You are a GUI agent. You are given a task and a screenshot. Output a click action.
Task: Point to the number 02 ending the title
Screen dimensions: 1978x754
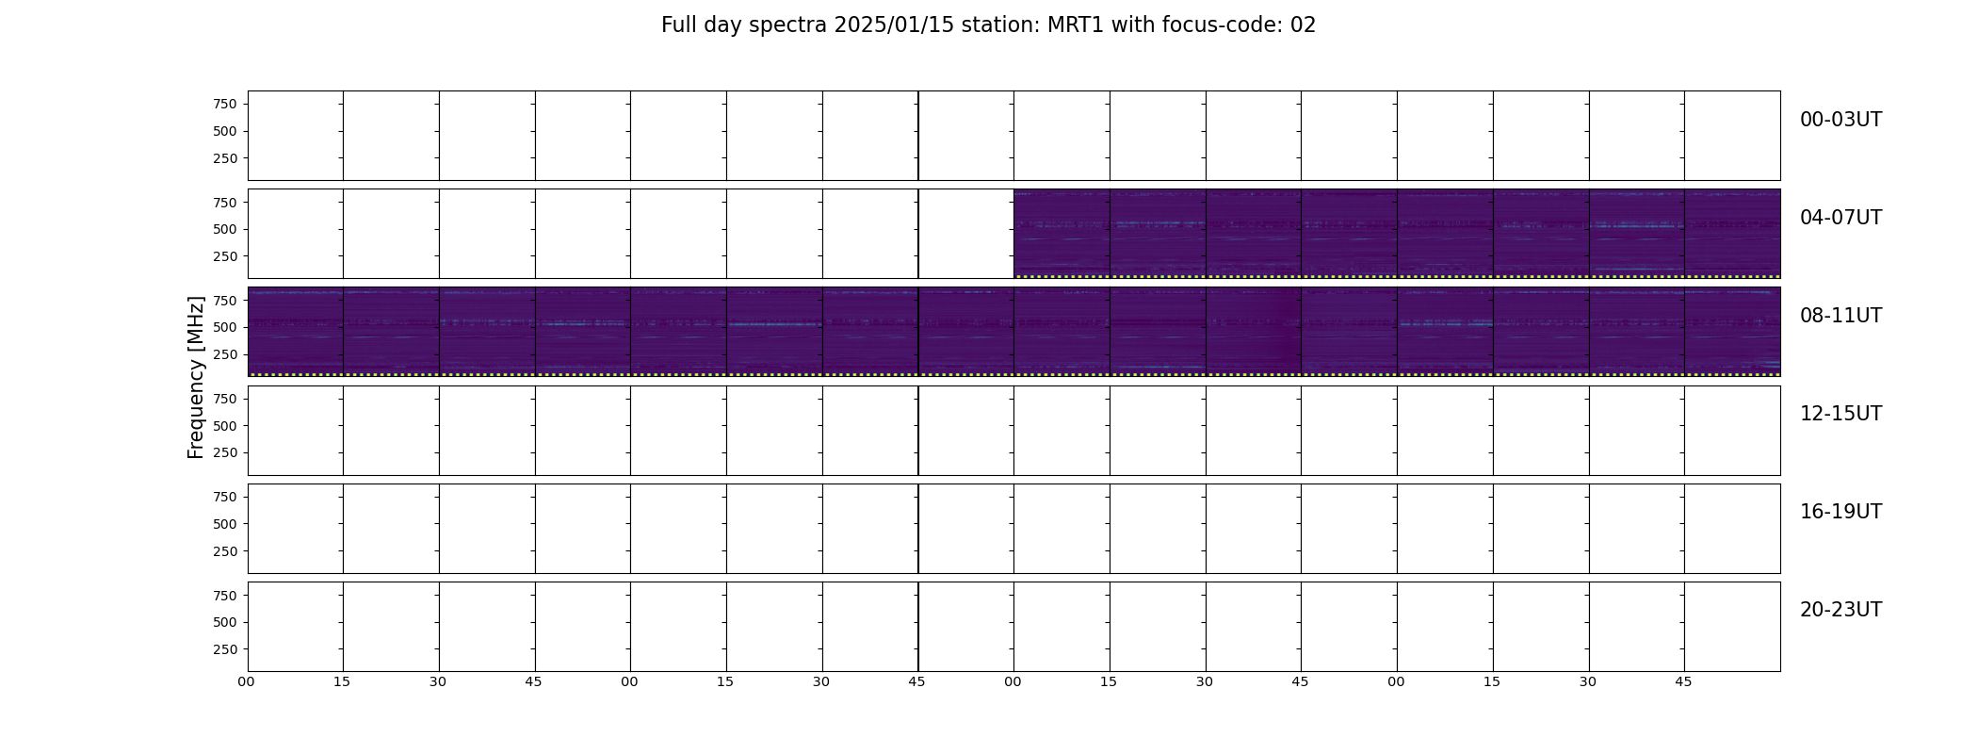pos(1303,25)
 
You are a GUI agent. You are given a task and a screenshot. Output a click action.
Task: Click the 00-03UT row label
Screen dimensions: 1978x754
pos(1840,120)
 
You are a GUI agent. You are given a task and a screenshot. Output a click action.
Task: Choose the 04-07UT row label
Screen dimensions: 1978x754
pos(1840,218)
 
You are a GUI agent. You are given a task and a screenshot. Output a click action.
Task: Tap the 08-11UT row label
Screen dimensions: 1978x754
pos(1840,316)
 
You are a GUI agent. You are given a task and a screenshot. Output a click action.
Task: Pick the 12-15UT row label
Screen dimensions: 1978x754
pos(1840,414)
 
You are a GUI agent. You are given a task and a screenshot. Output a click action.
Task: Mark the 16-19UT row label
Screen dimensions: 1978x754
pos(1840,512)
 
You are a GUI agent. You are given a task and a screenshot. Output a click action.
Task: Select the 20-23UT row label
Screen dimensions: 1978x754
pos(1840,610)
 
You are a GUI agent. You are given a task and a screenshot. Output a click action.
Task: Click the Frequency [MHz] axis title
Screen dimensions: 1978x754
pos(196,377)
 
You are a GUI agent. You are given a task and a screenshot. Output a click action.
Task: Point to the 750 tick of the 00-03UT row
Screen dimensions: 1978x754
pos(225,104)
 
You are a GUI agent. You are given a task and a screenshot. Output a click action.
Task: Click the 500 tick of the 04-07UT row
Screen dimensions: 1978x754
pos(225,229)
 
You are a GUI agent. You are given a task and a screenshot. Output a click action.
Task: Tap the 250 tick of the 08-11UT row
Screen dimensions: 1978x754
pos(225,354)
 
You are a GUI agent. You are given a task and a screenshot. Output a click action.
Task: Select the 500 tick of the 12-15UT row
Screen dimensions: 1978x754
pos(225,426)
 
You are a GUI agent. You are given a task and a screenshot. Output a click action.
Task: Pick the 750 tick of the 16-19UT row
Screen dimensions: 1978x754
pos(225,497)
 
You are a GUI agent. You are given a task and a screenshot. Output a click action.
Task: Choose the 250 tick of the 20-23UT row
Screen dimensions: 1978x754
pos(225,649)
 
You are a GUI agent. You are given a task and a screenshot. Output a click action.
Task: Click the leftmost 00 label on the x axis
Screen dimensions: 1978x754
pos(247,681)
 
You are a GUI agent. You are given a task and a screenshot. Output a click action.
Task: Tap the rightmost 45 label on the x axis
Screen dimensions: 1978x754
pos(1683,681)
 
